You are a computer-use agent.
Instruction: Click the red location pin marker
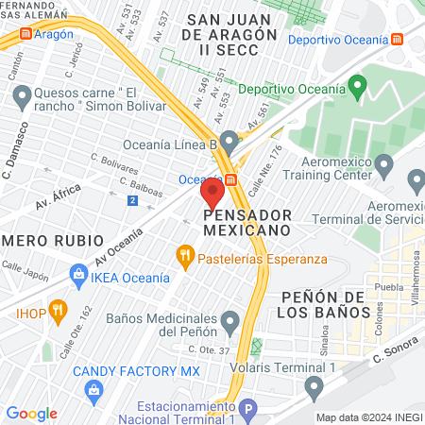(x=212, y=195)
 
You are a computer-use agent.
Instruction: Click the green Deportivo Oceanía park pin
(x=357, y=89)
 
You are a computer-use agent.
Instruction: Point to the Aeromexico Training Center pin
(x=383, y=164)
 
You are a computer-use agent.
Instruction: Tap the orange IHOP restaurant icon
(x=59, y=308)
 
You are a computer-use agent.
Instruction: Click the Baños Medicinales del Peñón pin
(x=229, y=323)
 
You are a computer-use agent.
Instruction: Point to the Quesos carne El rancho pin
(x=21, y=94)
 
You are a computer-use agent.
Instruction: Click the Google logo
(x=31, y=413)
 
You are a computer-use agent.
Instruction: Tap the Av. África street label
(x=59, y=197)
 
